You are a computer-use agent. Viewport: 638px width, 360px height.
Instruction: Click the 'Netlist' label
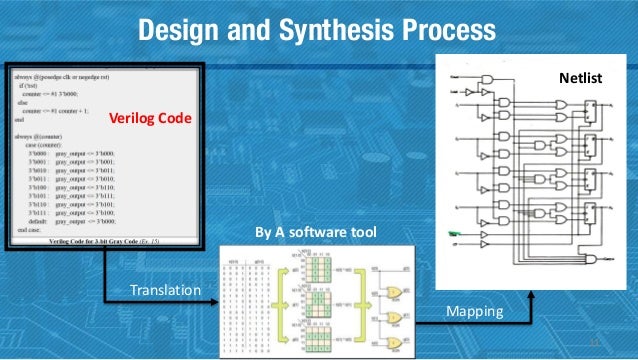[x=577, y=76]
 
